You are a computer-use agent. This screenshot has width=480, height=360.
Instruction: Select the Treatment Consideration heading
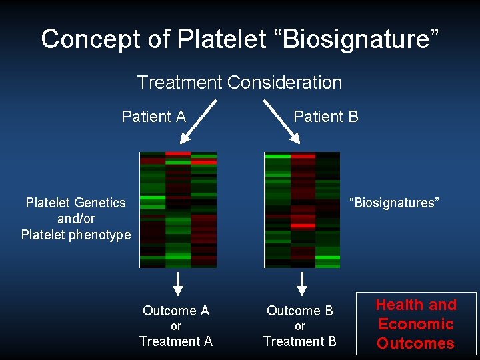(239, 83)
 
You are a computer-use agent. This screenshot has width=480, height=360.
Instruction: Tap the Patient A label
(153, 117)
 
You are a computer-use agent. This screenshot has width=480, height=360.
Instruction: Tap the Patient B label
(326, 117)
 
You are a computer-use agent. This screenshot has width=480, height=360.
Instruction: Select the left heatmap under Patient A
(178, 209)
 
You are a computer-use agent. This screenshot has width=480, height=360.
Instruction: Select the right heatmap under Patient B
(302, 209)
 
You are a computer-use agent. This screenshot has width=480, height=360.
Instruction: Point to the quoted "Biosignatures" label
(394, 203)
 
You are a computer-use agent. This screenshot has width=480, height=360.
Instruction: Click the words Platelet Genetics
(75, 203)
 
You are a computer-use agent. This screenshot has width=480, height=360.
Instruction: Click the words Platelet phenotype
(76, 235)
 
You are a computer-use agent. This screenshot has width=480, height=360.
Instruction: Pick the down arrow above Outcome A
(177, 283)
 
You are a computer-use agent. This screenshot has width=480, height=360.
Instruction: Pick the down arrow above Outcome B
(302, 283)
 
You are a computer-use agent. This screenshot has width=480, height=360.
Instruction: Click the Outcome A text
(176, 311)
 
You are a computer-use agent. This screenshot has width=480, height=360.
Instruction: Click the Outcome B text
(300, 311)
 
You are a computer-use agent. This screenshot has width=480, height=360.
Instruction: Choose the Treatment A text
(176, 341)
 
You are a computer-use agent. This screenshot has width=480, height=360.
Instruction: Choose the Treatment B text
(300, 341)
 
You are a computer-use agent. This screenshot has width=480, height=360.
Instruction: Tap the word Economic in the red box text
(416, 324)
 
